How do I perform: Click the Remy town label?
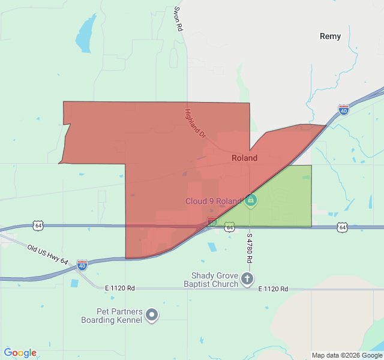(330, 36)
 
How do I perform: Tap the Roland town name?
(244, 158)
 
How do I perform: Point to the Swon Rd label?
(178, 20)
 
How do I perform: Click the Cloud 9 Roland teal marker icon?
(251, 200)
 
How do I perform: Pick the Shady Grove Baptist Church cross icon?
(247, 279)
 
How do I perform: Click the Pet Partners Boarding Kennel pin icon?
(152, 314)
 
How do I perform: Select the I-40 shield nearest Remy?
(343, 110)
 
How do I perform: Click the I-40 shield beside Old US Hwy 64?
(82, 263)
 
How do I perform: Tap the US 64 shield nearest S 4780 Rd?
(229, 227)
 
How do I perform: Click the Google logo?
(20, 353)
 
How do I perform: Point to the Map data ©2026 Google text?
(347, 355)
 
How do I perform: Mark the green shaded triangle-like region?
(282, 201)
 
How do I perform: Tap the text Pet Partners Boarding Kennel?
(112, 316)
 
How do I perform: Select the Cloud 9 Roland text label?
(213, 202)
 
